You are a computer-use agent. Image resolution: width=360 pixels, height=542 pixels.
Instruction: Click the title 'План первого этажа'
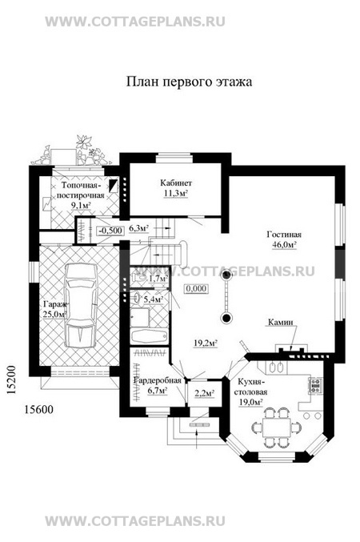189,82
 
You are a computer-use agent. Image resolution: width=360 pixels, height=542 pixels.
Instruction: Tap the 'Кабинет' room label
175,183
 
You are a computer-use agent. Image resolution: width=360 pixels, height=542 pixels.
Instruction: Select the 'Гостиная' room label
284,235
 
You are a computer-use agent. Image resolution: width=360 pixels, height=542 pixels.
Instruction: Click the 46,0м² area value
284,245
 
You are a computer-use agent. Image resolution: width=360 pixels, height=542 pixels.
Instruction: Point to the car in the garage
81,305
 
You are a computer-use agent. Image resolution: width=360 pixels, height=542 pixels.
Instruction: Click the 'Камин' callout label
281,322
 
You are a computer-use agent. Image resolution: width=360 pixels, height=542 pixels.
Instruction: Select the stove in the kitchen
315,385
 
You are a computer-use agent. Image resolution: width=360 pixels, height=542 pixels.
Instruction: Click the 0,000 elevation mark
197,289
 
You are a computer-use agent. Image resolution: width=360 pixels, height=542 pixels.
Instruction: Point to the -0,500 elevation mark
110,231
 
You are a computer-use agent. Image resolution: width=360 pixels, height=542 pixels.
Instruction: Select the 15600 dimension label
38,410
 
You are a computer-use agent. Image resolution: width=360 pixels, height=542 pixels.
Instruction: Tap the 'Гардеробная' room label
158,380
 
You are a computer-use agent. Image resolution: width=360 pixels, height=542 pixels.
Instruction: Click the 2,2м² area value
204,393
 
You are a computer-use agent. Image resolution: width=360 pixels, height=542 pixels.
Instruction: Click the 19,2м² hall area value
206,343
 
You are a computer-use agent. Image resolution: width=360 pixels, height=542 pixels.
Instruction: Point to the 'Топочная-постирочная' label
81,190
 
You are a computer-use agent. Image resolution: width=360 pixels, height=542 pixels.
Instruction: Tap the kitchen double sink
276,367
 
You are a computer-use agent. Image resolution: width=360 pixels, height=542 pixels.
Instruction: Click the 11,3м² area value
175,193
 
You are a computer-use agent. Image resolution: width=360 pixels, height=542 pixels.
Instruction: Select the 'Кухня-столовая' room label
251,387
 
